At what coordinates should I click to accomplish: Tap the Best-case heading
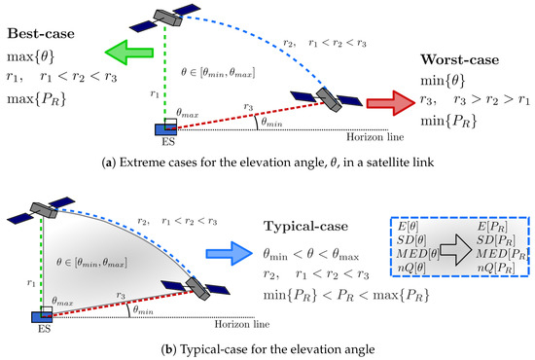[x=45, y=34]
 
